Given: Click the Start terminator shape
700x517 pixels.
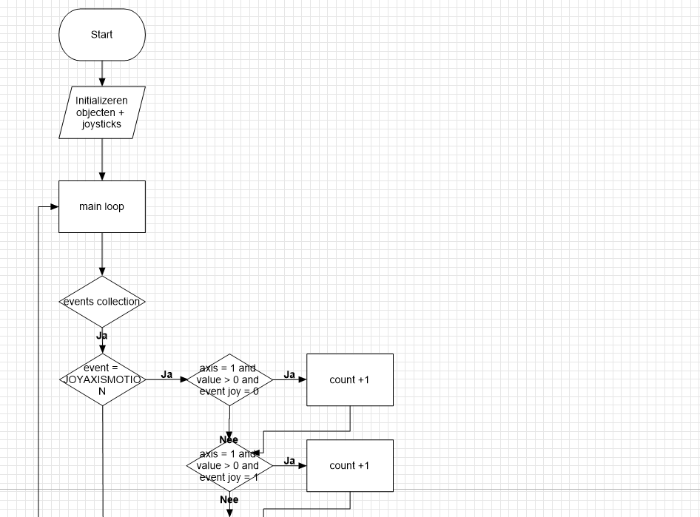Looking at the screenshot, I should (x=102, y=35).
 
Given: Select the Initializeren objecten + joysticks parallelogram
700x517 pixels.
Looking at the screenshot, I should (x=102, y=112).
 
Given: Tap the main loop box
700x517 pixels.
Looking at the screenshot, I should (x=102, y=206).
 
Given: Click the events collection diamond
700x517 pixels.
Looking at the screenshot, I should (x=102, y=302).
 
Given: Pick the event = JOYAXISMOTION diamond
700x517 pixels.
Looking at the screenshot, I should (x=102, y=379).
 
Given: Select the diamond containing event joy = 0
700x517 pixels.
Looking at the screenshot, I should (x=229, y=379).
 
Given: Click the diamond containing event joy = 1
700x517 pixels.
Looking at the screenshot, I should (x=229, y=465).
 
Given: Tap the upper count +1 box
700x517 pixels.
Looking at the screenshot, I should (x=349, y=379).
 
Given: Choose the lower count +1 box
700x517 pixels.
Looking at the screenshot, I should (x=349, y=465).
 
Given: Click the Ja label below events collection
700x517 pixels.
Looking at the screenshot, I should (x=102, y=336).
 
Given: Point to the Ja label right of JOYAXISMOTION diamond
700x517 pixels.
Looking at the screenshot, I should (x=166, y=374).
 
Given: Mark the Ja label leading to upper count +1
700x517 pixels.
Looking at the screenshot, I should (x=289, y=374).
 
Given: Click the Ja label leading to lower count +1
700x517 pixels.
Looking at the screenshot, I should (x=289, y=461).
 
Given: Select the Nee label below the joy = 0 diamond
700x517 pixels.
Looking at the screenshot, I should (x=229, y=439).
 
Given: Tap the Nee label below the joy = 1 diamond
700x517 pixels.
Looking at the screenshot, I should (x=229, y=500).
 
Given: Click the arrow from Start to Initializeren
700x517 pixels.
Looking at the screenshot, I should (x=102, y=73).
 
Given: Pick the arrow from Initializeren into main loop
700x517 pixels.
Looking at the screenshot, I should (x=102, y=160).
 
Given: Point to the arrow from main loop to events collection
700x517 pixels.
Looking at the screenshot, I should (x=102, y=254).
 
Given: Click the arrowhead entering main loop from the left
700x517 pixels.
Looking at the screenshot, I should (x=54, y=207).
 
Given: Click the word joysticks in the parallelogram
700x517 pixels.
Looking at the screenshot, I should (x=102, y=124).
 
